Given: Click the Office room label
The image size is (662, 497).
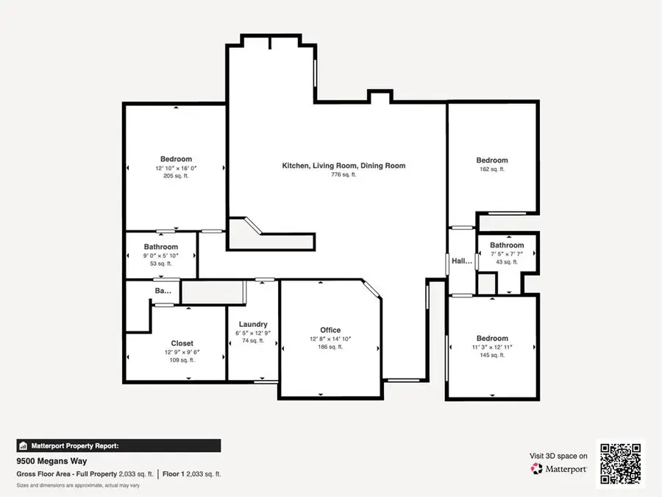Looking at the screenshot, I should click(330, 330).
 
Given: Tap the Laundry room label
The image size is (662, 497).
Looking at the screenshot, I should click(252, 324).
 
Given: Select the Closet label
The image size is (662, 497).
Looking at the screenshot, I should click(182, 343).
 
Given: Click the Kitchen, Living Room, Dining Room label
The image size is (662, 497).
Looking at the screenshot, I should click(344, 166).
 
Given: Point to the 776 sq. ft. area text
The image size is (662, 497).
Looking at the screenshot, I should click(344, 175).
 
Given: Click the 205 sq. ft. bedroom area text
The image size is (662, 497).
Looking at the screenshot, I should click(176, 177).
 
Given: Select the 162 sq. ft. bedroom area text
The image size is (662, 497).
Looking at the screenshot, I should click(491, 169).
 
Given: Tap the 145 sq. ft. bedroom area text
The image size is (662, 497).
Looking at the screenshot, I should click(491, 355).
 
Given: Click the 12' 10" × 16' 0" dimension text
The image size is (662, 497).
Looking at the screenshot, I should click(176, 168).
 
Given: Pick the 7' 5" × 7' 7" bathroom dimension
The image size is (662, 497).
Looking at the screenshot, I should click(507, 254).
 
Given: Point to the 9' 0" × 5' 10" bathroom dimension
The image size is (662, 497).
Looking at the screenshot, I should click(161, 255).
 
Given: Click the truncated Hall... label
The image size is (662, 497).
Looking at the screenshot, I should click(462, 261).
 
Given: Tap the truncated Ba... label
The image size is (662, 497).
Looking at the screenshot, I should click(163, 292).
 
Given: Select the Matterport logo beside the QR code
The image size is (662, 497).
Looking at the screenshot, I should click(558, 468).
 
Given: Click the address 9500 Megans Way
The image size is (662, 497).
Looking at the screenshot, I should click(51, 462).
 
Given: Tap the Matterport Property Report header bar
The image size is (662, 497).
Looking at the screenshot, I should click(118, 445).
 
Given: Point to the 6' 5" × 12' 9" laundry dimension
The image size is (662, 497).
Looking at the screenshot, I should click(252, 333).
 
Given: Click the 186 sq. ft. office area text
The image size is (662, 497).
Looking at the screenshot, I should click(330, 347).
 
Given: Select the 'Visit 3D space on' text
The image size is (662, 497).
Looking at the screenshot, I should click(558, 456).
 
